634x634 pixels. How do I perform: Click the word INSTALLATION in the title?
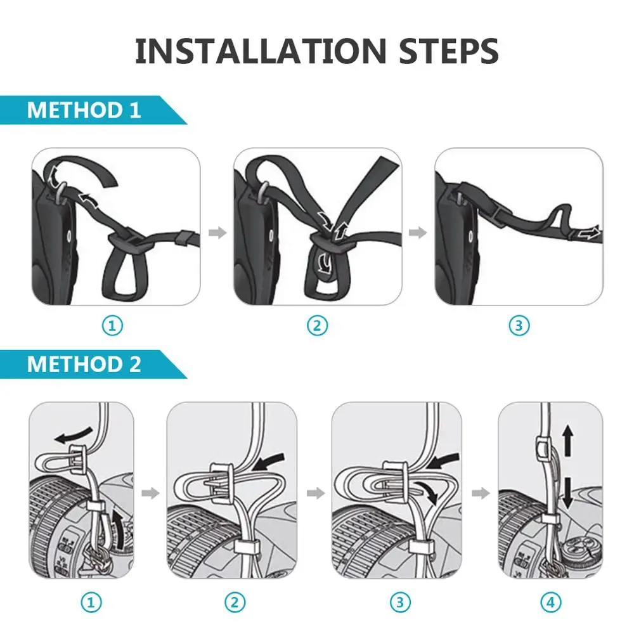point(261,51)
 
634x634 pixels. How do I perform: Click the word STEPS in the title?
point(448,51)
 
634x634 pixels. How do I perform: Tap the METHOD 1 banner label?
point(84,110)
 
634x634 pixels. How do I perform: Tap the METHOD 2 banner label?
point(84,364)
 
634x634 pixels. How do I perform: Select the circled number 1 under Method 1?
point(112,325)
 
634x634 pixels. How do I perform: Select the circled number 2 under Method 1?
point(318,325)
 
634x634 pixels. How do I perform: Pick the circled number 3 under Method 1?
point(519,325)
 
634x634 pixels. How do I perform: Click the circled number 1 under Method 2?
point(91,602)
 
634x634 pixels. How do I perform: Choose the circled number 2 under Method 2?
point(235,602)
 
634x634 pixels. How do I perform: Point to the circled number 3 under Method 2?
point(400,602)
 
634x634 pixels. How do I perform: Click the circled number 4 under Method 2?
point(551,602)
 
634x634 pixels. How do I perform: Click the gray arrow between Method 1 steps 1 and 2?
point(217,233)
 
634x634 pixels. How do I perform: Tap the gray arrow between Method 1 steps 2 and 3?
point(418,233)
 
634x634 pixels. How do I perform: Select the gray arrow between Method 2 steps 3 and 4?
point(481,493)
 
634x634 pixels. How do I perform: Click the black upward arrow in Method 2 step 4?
point(567,440)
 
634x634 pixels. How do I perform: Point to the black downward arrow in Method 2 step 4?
point(567,493)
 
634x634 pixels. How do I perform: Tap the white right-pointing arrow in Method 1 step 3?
point(589,234)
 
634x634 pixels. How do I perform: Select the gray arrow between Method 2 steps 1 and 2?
point(150,493)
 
